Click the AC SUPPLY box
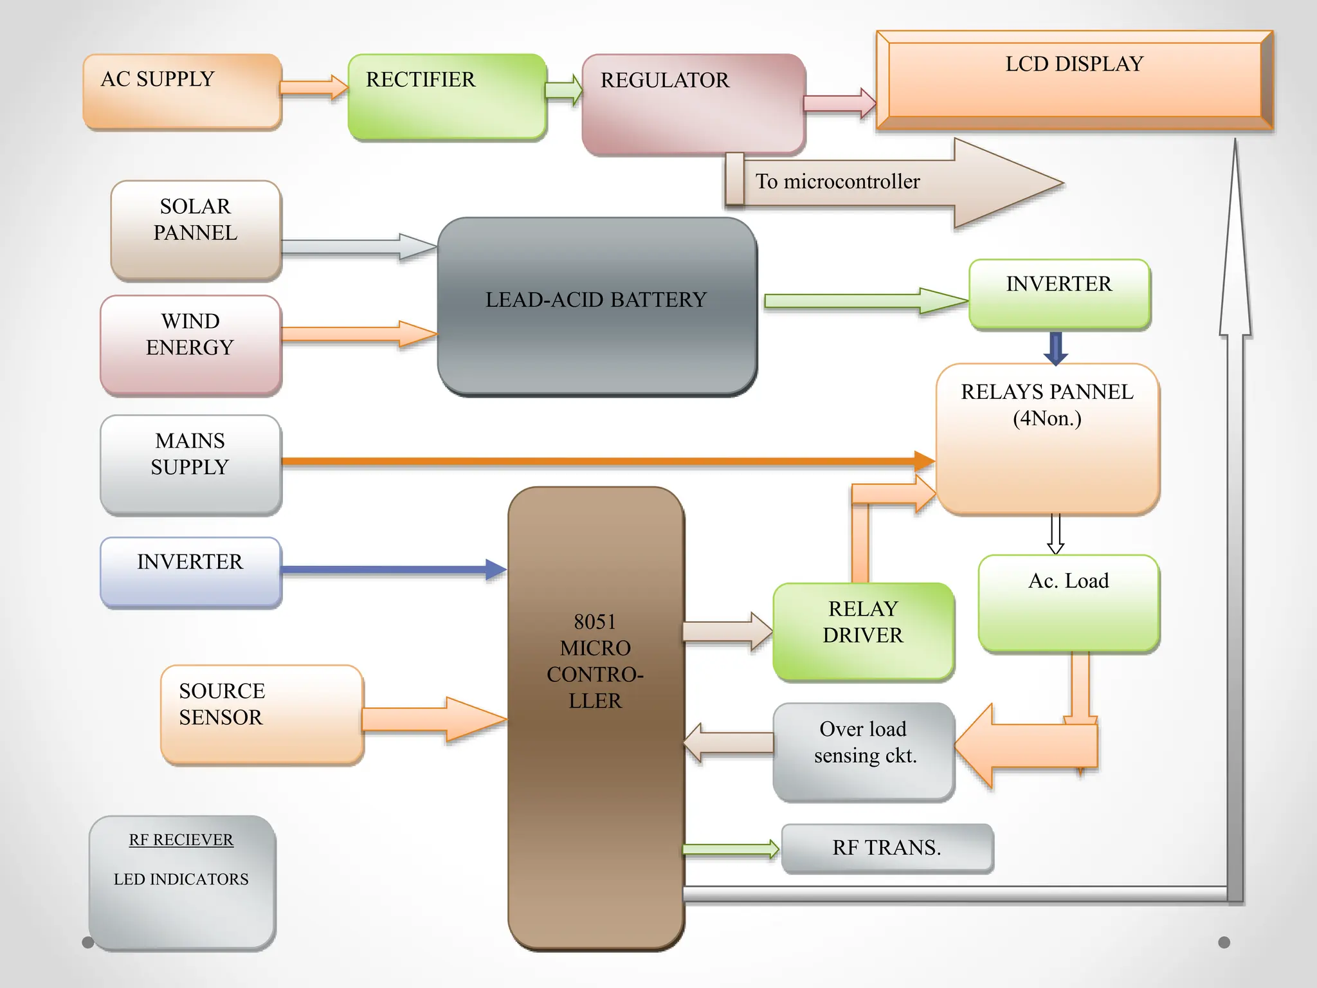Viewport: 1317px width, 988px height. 182,92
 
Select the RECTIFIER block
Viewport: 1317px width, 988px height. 447,96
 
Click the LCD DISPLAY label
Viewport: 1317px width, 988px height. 1074,64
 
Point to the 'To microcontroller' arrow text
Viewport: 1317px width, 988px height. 837,182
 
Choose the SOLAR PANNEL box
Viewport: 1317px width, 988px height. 195,230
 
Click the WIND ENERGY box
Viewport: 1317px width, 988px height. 190,345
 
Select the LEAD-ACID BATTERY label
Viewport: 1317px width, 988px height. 595,300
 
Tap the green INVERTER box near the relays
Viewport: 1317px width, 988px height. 1059,294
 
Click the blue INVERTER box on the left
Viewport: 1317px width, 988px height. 190,572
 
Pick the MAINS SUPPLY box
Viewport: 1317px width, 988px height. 190,464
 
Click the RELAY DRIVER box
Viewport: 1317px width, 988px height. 863,631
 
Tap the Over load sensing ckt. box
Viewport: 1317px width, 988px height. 864,751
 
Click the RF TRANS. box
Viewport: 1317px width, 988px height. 887,848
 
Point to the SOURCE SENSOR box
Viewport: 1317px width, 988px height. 262,714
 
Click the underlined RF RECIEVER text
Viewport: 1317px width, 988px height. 181,840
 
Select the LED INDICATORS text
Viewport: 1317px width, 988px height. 181,879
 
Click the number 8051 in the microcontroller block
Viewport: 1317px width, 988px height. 595,622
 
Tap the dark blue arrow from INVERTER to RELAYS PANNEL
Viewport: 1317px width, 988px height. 1055,348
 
